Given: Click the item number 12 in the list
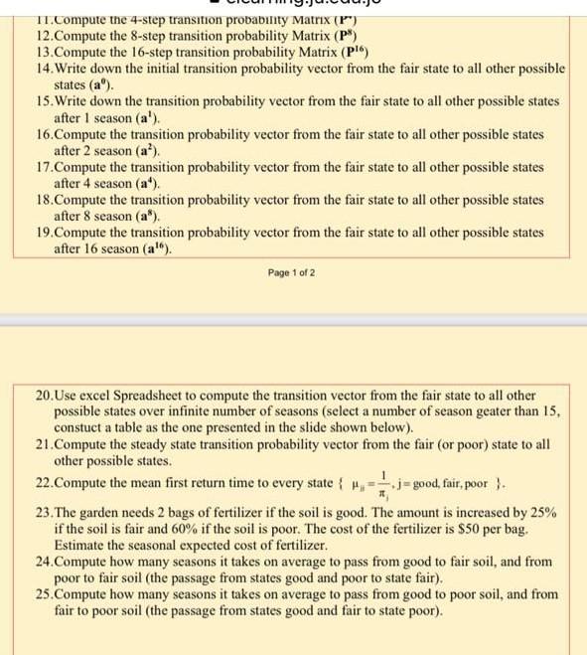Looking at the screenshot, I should [x=30, y=35].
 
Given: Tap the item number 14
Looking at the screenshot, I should [x=30, y=69].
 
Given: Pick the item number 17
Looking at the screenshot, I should [x=30, y=167].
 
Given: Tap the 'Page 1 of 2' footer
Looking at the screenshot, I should [x=291, y=271].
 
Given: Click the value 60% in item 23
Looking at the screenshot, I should [x=211, y=527].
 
